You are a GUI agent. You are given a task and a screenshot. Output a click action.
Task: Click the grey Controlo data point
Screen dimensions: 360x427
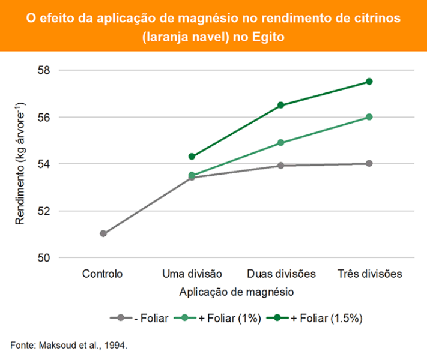click(103, 233)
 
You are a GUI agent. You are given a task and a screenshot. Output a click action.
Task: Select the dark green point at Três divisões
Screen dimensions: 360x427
click(369, 82)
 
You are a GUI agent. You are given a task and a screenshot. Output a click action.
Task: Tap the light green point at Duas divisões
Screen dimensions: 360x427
click(281, 143)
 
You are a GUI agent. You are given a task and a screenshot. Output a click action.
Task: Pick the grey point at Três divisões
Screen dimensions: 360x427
click(369, 163)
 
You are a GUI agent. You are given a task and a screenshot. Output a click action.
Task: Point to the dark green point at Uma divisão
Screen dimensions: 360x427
click(192, 157)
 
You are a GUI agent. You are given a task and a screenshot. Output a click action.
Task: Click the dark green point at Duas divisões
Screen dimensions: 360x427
click(281, 105)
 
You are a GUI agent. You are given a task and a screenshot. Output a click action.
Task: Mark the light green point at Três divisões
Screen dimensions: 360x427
click(369, 117)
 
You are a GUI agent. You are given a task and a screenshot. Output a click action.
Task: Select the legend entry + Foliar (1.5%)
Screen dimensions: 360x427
click(327, 318)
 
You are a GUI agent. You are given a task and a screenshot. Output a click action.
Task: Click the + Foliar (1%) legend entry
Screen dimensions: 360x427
click(231, 318)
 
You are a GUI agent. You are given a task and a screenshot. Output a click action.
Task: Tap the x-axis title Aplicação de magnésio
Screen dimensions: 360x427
click(236, 292)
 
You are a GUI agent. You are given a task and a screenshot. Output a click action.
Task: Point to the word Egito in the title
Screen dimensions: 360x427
click(267, 37)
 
